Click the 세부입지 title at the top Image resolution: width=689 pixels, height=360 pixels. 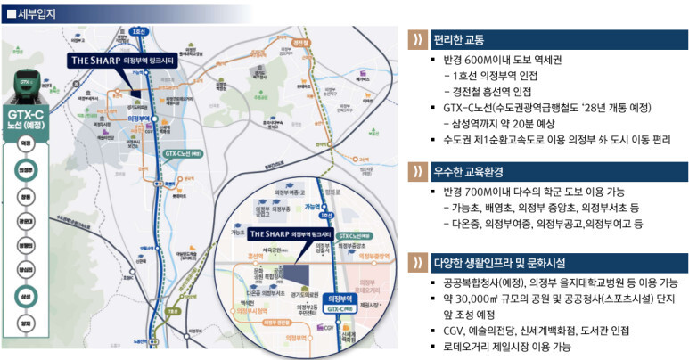point(31,11)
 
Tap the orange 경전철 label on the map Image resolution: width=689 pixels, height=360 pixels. point(302,41)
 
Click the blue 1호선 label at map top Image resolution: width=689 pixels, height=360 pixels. point(137,31)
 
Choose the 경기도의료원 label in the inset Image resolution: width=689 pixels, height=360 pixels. point(308,294)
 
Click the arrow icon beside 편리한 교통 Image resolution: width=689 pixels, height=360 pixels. point(415,39)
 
